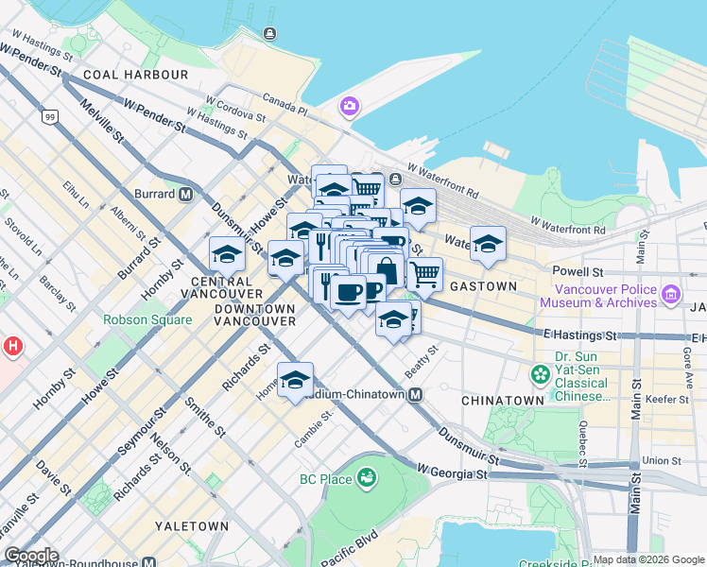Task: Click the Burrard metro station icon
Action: pyautogui.click(x=186, y=194)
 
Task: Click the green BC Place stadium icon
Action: pyautogui.click(x=365, y=479)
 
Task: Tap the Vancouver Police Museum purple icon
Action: pyautogui.click(x=670, y=295)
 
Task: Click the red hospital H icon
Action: pyautogui.click(x=12, y=346)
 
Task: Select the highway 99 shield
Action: pyautogui.click(x=48, y=117)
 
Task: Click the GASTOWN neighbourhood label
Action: pyautogui.click(x=483, y=286)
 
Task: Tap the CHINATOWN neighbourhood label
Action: pyautogui.click(x=502, y=401)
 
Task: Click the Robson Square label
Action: pyautogui.click(x=147, y=319)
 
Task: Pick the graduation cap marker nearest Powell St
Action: pyautogui.click(x=488, y=245)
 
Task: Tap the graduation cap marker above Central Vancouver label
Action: pyautogui.click(x=227, y=254)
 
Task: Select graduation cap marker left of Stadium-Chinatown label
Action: pyautogui.click(x=295, y=380)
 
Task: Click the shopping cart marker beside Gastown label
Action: pyautogui.click(x=424, y=275)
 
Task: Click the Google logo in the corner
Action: pyautogui.click(x=31, y=556)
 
